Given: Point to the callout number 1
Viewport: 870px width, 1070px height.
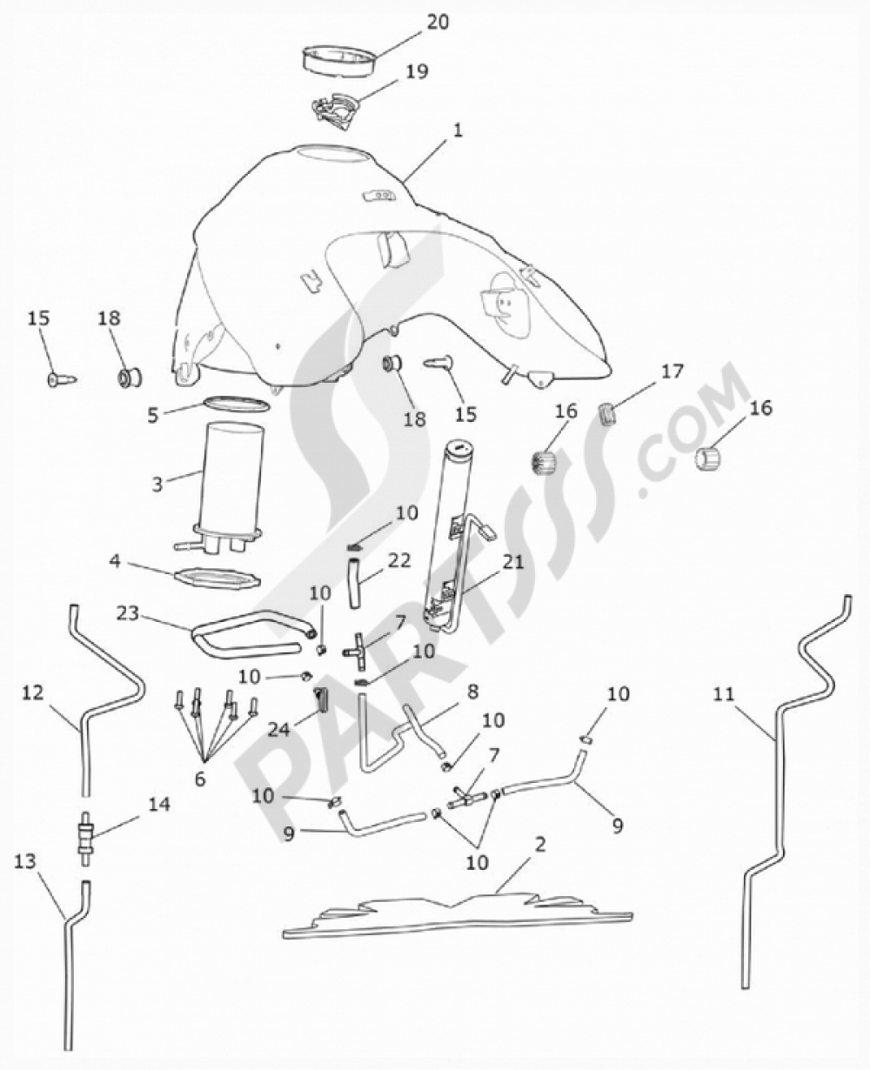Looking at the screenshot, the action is pyautogui.click(x=457, y=130).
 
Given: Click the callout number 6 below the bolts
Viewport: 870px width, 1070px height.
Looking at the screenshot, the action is pyautogui.click(x=200, y=779).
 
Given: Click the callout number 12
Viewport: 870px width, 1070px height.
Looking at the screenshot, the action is pyautogui.click(x=33, y=694).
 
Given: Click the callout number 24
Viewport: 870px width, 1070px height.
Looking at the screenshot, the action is pyautogui.click(x=278, y=729).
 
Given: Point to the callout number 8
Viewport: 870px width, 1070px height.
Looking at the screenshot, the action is pyautogui.click(x=472, y=692).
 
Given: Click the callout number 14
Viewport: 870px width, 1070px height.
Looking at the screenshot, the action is pyautogui.click(x=160, y=805).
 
